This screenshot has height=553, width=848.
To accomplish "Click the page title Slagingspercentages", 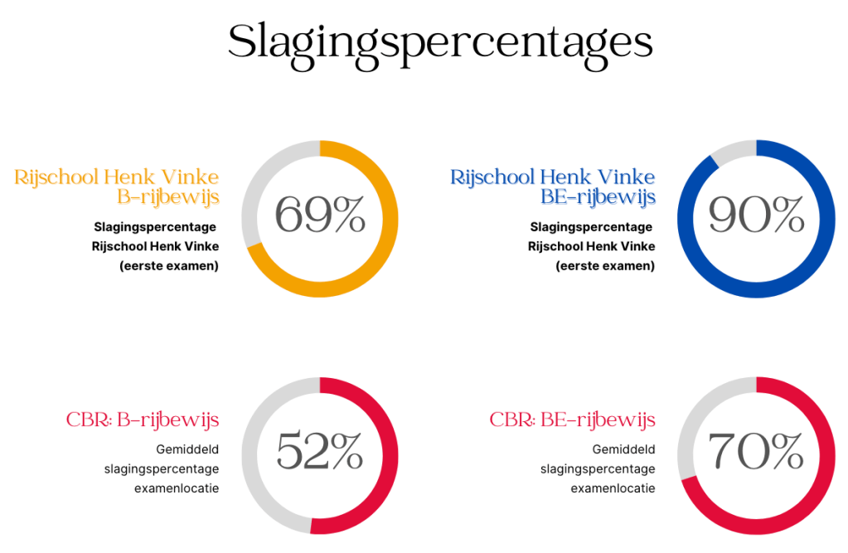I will point(440,41).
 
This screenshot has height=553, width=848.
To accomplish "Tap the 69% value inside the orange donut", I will point(320,216).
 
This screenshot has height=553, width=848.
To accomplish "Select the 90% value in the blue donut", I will point(756,216).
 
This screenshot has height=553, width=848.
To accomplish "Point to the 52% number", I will point(320,452).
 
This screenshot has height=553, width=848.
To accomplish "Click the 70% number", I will point(756,452).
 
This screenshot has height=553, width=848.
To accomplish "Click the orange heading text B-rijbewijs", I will point(168,197).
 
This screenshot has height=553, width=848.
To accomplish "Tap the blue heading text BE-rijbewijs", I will point(598,197).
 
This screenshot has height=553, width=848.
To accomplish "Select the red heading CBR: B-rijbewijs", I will point(143,420).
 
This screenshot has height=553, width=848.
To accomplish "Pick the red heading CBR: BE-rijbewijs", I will point(572,420).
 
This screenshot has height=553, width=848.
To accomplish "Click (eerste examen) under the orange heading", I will point(169,266).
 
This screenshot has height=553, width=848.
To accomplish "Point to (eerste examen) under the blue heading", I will point(605,266).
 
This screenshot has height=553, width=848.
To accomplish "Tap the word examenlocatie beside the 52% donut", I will point(177,488).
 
